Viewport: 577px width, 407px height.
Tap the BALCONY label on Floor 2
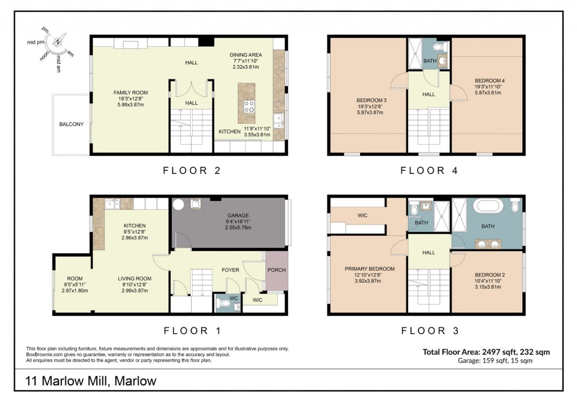tap(71, 124)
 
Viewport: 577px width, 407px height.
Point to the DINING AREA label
tap(246, 55)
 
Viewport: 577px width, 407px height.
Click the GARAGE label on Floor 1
tap(237, 215)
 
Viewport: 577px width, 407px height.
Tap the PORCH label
tap(276, 270)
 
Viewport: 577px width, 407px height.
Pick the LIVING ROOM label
tap(135, 279)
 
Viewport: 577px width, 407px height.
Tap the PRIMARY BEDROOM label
tap(370, 269)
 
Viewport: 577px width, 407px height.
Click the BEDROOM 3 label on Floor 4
tap(370, 100)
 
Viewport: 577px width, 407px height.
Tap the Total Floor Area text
tap(486, 352)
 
